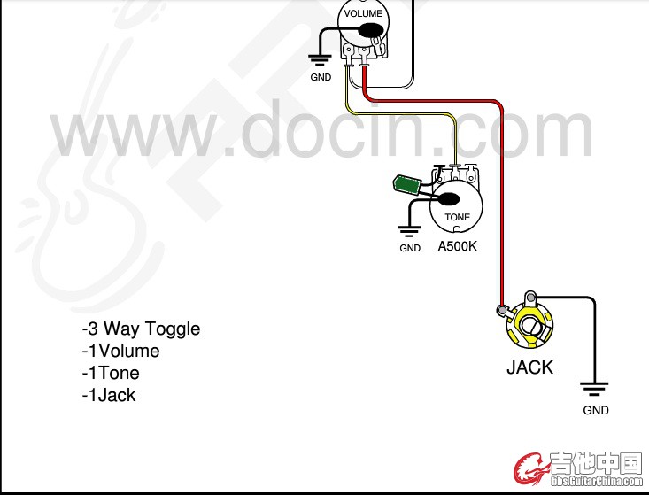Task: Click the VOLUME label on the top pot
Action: pyautogui.click(x=363, y=13)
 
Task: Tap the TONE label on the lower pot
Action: pyautogui.click(x=457, y=217)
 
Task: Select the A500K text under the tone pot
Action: pyautogui.click(x=457, y=246)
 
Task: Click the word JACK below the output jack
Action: pyautogui.click(x=529, y=367)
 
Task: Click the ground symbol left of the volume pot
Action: pyautogui.click(x=320, y=60)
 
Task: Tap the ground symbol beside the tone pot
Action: pyautogui.click(x=409, y=232)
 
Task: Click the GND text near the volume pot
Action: pyautogui.click(x=321, y=77)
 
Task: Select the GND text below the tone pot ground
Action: pyautogui.click(x=410, y=249)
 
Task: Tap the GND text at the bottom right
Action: pyautogui.click(x=596, y=410)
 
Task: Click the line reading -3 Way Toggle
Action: pyautogui.click(x=141, y=329)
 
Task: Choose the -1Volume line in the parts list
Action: pyautogui.click(x=120, y=351)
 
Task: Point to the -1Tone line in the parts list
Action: pyautogui.click(x=111, y=373)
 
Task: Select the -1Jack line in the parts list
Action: pyautogui.click(x=109, y=395)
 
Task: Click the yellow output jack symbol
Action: pyautogui.click(x=529, y=326)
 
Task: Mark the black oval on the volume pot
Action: pyautogui.click(x=370, y=32)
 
